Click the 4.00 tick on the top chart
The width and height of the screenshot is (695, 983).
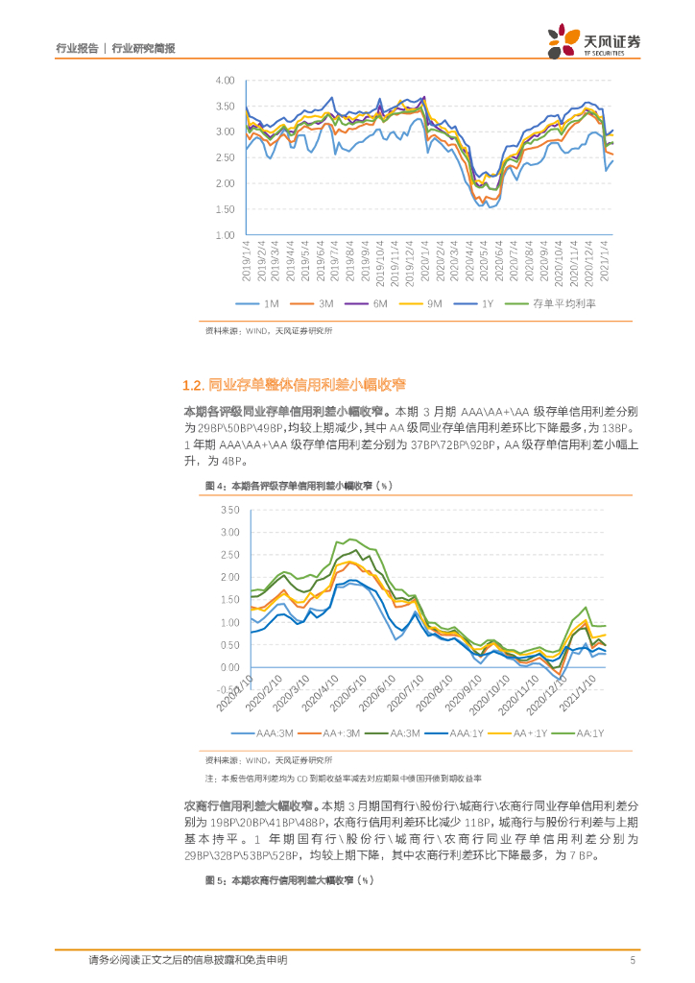tap(226, 80)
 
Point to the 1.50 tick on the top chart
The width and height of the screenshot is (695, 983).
tap(226, 209)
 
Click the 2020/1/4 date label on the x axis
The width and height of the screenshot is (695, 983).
tap(423, 260)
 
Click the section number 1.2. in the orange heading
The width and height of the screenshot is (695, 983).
tap(193, 386)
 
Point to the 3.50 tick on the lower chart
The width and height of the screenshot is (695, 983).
tap(228, 510)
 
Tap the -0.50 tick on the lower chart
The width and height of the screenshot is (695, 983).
tap(227, 690)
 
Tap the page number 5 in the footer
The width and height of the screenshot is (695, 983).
tap(631, 959)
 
